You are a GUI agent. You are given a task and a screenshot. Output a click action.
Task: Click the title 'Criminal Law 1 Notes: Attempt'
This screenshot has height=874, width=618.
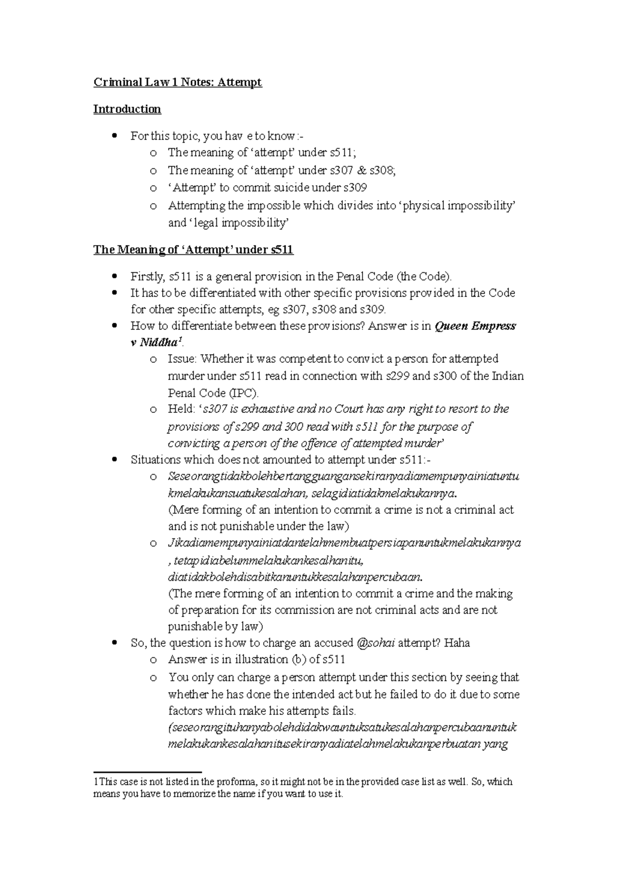[178, 82]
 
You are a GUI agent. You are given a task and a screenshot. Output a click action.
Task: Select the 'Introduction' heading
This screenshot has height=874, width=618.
[127, 109]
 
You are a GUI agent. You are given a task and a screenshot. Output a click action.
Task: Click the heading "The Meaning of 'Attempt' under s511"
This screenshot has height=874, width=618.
[193, 250]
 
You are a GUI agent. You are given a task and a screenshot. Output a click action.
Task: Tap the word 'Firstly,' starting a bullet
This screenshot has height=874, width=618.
[148, 277]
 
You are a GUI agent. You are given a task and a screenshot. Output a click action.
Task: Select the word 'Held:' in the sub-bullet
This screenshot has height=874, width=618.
[182, 409]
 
